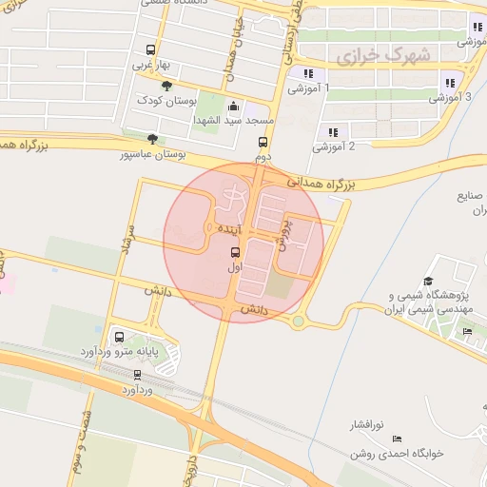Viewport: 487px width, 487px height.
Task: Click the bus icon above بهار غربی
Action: [150, 50]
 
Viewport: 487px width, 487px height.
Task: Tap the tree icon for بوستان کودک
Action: [167, 86]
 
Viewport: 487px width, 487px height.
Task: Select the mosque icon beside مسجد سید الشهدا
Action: [235, 107]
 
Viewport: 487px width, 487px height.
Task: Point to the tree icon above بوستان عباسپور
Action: [152, 139]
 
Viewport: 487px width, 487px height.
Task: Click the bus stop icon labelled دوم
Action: [263, 142]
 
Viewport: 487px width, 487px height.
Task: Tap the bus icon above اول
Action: [235, 252]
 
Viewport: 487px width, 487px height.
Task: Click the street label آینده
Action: [231, 230]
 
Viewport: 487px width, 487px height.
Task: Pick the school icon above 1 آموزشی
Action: [307, 73]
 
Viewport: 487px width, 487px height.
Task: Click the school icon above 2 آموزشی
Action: [332, 132]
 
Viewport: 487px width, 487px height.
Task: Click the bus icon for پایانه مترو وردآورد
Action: [120, 337]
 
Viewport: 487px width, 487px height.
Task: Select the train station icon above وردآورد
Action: [138, 375]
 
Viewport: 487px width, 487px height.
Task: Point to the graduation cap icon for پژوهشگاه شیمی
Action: [428, 282]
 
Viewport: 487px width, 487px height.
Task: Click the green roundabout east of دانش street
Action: [299, 321]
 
